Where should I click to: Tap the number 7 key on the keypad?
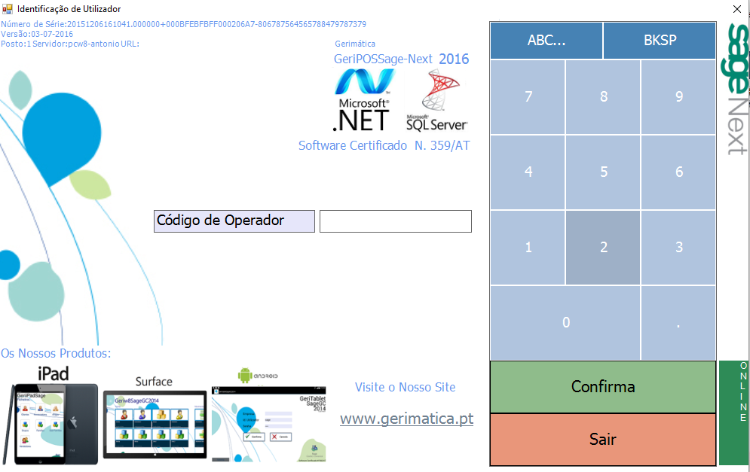click(x=528, y=97)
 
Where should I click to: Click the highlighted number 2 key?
click(x=603, y=248)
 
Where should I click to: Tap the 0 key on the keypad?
click(x=565, y=323)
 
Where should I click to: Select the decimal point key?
click(x=678, y=323)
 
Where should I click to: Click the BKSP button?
click(x=660, y=41)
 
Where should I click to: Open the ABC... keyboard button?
click(x=546, y=41)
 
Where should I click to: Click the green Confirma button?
click(x=603, y=387)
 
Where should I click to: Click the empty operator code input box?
click(x=396, y=221)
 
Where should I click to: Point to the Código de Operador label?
click(x=234, y=221)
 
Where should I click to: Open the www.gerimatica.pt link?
click(x=406, y=419)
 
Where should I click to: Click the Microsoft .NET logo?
click(x=363, y=100)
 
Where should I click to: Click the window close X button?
click(x=736, y=9)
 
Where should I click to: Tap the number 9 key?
click(x=678, y=97)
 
